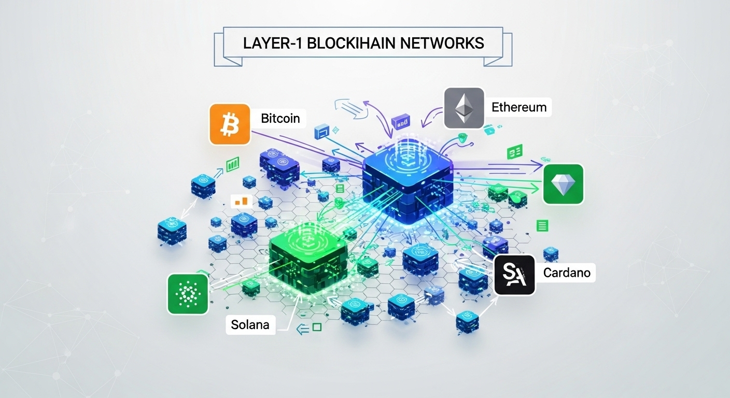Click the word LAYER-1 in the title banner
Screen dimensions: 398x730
272,42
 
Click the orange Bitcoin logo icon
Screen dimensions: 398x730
226,124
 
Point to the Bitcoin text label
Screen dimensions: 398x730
280,118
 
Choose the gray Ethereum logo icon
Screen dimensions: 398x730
464,108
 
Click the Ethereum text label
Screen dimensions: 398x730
518,107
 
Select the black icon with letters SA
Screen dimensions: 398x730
514,275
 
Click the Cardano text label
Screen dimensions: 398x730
567,272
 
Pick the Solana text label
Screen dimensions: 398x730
250,325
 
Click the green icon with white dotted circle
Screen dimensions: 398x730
188,294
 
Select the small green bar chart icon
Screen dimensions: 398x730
233,165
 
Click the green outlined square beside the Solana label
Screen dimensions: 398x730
317,327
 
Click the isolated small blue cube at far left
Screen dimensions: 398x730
172,231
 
